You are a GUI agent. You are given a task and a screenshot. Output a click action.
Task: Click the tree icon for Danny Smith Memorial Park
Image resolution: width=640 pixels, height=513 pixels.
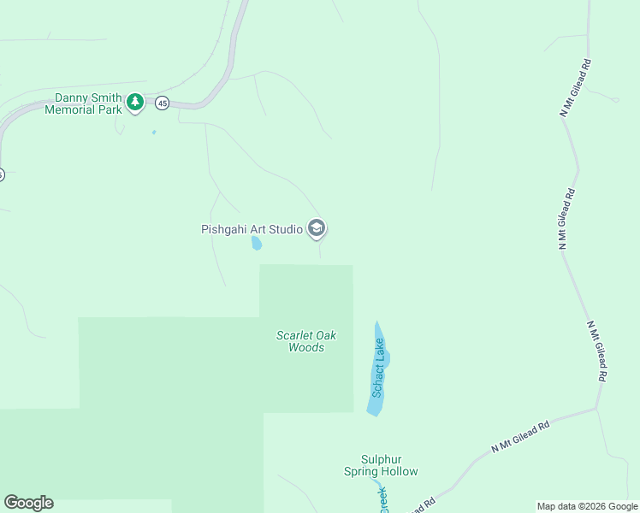tap(134, 103)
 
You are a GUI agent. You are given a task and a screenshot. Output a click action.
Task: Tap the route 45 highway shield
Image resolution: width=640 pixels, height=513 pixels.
tap(163, 103)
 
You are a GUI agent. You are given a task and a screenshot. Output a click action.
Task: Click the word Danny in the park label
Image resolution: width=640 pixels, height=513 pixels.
tap(72, 97)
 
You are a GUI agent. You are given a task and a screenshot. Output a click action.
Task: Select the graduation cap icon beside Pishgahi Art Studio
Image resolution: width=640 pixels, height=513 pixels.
tap(317, 228)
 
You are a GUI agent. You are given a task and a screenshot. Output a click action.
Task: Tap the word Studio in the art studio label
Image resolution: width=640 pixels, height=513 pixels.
tap(287, 229)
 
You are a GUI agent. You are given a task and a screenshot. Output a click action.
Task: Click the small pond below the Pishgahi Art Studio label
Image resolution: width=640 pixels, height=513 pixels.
tap(256, 244)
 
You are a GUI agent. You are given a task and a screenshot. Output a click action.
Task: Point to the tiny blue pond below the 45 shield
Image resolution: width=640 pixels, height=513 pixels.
tap(154, 132)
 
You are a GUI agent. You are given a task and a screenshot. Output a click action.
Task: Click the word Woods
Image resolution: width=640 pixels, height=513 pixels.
tap(306, 348)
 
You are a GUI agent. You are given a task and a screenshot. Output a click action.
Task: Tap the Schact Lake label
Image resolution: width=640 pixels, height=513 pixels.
tap(378, 368)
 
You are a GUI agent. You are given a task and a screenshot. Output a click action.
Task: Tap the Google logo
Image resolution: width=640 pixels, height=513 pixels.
tap(28, 503)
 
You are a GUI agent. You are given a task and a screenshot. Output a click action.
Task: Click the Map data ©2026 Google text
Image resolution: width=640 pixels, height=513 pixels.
tap(586, 506)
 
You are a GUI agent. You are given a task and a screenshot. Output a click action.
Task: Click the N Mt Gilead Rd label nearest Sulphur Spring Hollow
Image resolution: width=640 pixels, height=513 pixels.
tap(520, 436)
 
